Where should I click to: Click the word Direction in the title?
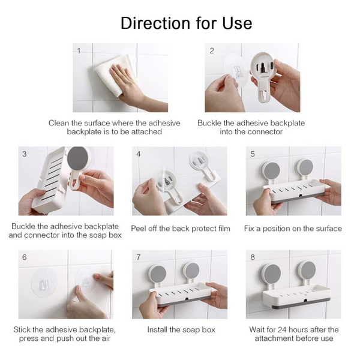155,23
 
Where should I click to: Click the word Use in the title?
238,23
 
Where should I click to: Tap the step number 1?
79,50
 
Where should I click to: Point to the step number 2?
212,50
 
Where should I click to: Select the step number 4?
139,154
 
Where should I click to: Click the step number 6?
25,257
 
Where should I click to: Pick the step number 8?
253,257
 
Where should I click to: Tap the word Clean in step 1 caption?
59,123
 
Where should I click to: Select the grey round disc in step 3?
78,158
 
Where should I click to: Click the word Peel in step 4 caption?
139,229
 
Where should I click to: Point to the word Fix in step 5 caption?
249,229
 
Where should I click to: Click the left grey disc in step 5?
271,170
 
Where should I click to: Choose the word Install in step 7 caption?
157,330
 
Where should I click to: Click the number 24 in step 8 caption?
283,330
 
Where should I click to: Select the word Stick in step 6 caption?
22,330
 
